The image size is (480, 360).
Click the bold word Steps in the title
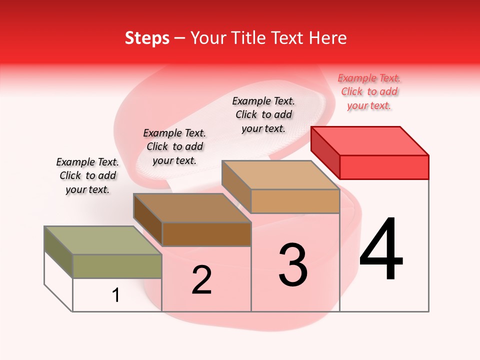(147, 38)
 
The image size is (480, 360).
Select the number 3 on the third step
(293, 265)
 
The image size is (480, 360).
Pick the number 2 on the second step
(201, 280)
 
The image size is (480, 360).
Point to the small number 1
(115, 295)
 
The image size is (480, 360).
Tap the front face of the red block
(384, 167)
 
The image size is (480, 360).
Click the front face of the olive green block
(117, 266)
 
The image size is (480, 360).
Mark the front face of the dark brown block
(206, 234)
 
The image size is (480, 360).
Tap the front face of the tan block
(295, 201)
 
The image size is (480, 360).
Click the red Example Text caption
(369, 91)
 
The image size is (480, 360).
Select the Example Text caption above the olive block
(87, 175)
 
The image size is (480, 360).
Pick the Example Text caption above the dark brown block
(174, 146)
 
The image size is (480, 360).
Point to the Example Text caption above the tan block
(263, 114)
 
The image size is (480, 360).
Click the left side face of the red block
(325, 152)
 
